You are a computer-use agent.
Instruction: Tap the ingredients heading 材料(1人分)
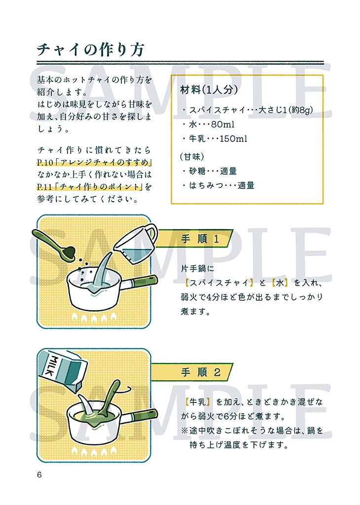coord(210,90)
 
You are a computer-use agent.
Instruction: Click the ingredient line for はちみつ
coord(218,186)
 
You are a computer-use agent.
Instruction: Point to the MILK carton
coord(64,368)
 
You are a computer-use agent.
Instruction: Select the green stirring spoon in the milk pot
coord(109,398)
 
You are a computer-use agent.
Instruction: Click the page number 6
coord(39,475)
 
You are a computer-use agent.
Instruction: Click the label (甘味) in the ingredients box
coord(191,156)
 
